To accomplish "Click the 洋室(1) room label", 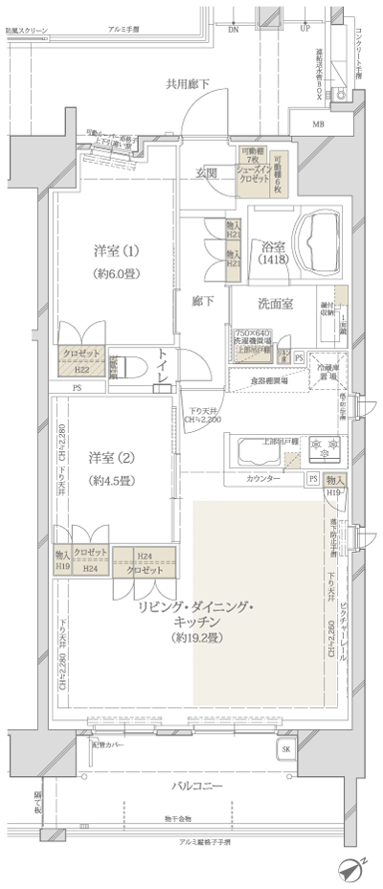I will (x=118, y=251).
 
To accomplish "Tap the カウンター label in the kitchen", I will (x=263, y=478).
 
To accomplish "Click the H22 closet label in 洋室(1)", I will (x=82, y=370).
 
